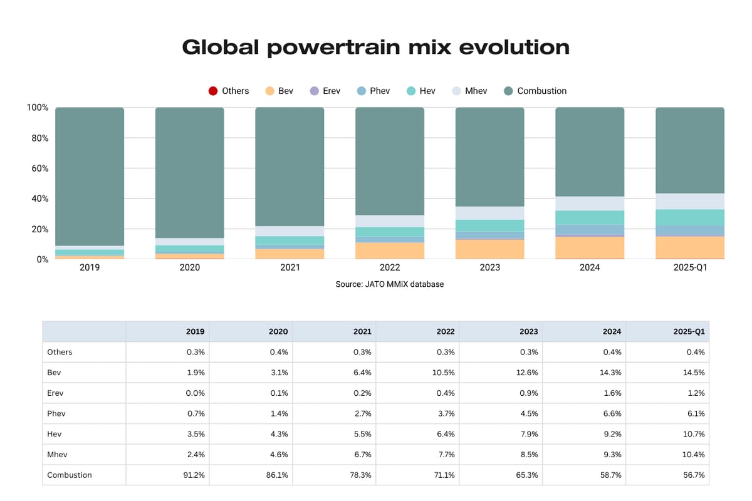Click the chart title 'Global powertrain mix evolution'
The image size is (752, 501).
[x=375, y=47]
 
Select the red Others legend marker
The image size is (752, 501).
[x=213, y=91]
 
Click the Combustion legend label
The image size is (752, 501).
[x=541, y=91]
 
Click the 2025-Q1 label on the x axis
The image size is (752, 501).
[x=690, y=267]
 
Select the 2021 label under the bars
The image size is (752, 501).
[x=290, y=267]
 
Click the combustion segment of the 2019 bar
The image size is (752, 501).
[x=90, y=175]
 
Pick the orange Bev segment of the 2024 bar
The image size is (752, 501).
[x=590, y=247]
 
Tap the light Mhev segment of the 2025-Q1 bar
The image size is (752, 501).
[x=690, y=201]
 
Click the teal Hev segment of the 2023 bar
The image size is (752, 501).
[x=489, y=225]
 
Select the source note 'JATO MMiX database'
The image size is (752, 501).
[x=390, y=284]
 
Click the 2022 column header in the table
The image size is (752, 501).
[x=446, y=331]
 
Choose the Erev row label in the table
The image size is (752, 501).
[x=55, y=393]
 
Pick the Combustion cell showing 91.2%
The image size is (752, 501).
[x=192, y=475]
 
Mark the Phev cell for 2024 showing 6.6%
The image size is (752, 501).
[x=611, y=413]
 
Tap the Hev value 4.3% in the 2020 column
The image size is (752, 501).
[x=278, y=434]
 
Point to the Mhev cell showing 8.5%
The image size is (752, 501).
[x=528, y=454]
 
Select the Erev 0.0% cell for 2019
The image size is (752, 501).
[x=195, y=393]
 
